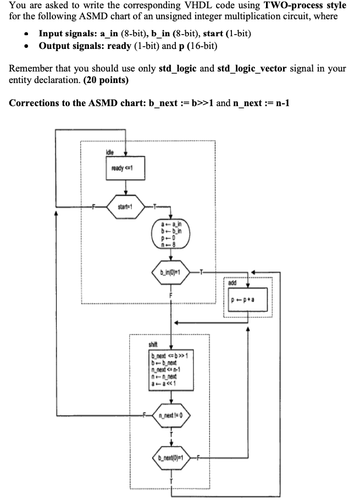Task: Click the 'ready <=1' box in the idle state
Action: (126, 168)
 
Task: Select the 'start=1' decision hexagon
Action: (126, 207)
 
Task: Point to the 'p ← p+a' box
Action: (247, 300)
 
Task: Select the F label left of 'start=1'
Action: (93, 207)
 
